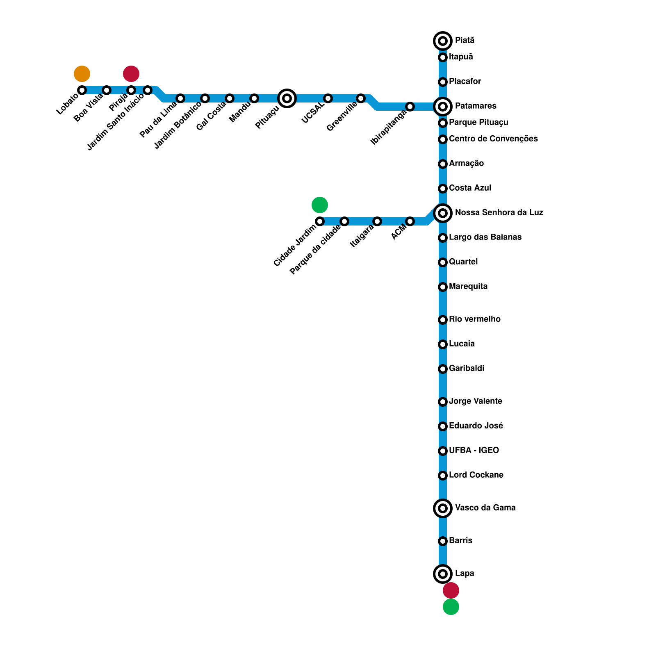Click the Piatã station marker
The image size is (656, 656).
tap(443, 41)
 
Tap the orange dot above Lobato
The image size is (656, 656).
tap(82, 74)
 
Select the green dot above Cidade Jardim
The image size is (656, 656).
tap(320, 205)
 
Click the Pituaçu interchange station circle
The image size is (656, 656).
tap(287, 98)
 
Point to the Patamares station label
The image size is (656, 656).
tap(476, 106)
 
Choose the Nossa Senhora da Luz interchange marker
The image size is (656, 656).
tap(443, 213)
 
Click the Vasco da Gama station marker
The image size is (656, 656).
tap(443, 508)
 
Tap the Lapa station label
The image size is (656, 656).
tap(465, 574)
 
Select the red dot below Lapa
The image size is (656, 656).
tap(451, 590)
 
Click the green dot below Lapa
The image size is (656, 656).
tap(451, 607)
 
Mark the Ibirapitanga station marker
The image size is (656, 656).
tap(410, 107)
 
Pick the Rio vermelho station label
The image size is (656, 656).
tap(474, 319)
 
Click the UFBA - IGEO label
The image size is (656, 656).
tap(474, 451)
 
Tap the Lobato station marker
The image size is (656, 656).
tap(82, 90)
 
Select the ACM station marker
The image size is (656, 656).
tap(410, 221)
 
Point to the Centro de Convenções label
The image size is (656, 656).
tap(493, 139)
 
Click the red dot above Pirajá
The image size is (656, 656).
tap(131, 74)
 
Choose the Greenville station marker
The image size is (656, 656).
tap(361, 98)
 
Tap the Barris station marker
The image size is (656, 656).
tap(443, 541)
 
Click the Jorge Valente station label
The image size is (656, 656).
tap(475, 401)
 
